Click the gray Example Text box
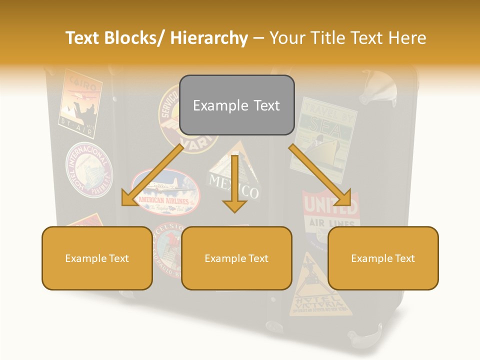(236, 105)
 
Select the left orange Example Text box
(96, 258)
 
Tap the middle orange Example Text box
(236, 258)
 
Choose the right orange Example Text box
(382, 258)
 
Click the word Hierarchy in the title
(209, 38)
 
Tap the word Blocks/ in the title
(137, 38)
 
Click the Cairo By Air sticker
(80, 102)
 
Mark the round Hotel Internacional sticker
(88, 170)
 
